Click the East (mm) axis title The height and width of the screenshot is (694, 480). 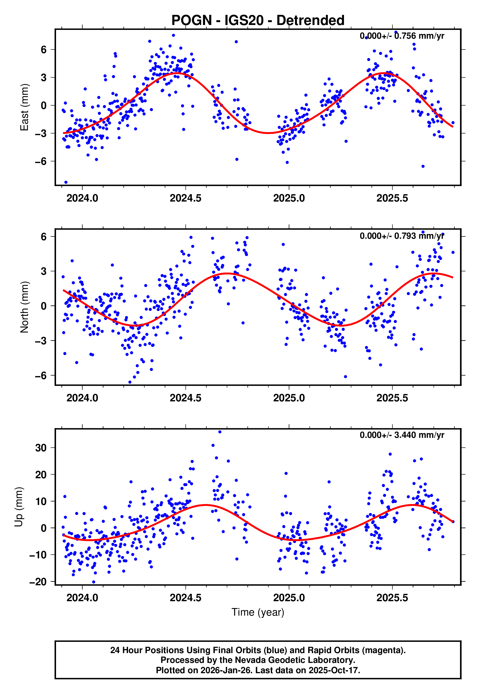coord(24,107)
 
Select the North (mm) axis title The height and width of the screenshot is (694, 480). coord(24,307)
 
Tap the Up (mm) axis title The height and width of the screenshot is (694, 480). coord(19,506)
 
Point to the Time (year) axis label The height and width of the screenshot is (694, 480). coord(258,612)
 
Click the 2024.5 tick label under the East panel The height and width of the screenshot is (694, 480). coord(185,198)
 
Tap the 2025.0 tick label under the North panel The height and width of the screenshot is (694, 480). coord(289,398)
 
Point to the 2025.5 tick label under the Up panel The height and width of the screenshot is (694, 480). coord(392,598)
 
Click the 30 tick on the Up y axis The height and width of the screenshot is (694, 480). coord(41,448)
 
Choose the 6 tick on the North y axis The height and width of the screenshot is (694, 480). coord(44,237)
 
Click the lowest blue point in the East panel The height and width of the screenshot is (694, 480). coord(66,182)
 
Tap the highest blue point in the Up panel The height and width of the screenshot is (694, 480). coord(220,432)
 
